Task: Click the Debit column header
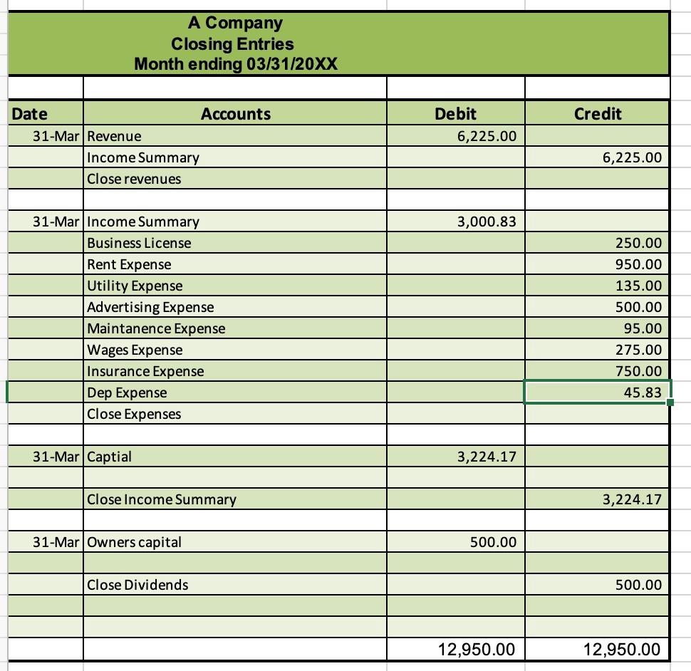pos(455,114)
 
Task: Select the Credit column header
pos(598,114)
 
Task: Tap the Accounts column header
pos(236,114)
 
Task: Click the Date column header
pos(30,114)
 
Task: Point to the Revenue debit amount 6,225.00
pos(487,135)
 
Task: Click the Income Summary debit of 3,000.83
pos(487,222)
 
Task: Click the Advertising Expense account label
pos(150,307)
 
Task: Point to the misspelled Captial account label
pos(109,457)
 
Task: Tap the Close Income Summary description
pos(162,499)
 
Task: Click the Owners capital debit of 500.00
pos(493,542)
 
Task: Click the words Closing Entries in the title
pos(232,44)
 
